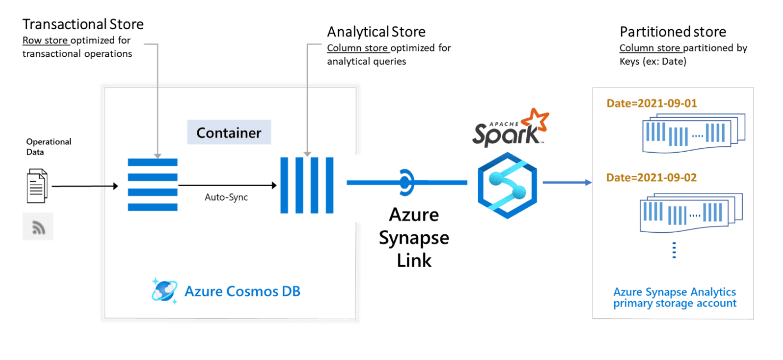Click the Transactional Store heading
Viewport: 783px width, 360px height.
click(x=83, y=24)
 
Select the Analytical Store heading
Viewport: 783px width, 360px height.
click(x=376, y=32)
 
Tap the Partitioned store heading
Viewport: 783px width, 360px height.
click(x=673, y=32)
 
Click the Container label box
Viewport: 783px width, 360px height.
click(x=229, y=133)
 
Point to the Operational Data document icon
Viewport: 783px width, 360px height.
click(x=37, y=186)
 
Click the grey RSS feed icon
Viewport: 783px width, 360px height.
click(x=38, y=226)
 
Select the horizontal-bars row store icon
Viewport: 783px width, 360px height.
click(x=153, y=185)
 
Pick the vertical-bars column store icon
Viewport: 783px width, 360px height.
click(x=307, y=185)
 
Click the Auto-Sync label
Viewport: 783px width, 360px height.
click(x=226, y=198)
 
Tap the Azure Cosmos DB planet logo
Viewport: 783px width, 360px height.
click(x=164, y=291)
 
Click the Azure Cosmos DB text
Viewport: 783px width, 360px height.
click(x=242, y=291)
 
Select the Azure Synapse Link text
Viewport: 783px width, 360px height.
click(x=414, y=237)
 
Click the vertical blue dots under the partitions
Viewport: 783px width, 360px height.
click(x=674, y=250)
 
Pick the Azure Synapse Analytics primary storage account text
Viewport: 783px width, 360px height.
click(x=675, y=298)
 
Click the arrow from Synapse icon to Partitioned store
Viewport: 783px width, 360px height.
click(x=567, y=182)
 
